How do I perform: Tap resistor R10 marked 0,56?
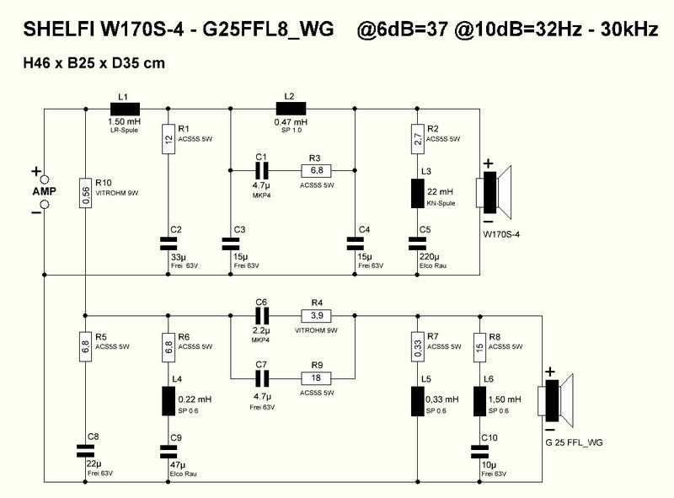pyautogui.click(x=86, y=195)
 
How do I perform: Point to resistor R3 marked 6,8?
pyautogui.click(x=315, y=169)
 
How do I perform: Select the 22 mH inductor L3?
pyautogui.click(x=416, y=194)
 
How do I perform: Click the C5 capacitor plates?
pyautogui.click(x=416, y=243)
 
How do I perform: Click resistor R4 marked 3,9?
pyautogui.click(x=317, y=317)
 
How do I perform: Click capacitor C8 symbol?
pyautogui.click(x=86, y=450)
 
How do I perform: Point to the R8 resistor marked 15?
pyautogui.click(x=480, y=346)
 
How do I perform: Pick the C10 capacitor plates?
pyautogui.click(x=480, y=450)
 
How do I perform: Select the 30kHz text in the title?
pyautogui.click(x=625, y=29)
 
